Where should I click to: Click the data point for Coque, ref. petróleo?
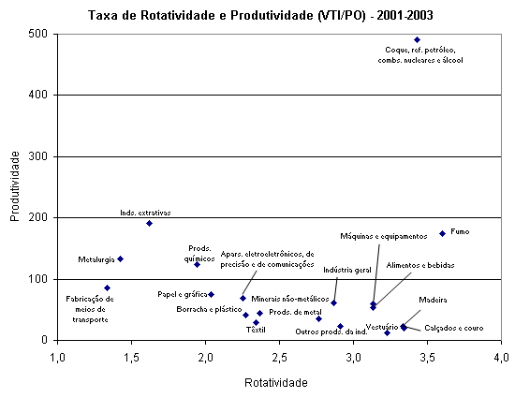pyautogui.click(x=417, y=39)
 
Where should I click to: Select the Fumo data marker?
pyautogui.click(x=442, y=233)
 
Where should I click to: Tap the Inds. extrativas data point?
pyautogui.click(x=149, y=223)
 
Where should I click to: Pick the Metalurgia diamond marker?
pyautogui.click(x=120, y=258)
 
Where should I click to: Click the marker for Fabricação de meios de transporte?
pyautogui.click(x=107, y=288)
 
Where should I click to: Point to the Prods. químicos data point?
pyautogui.click(x=197, y=264)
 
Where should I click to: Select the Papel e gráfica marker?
pyautogui.click(x=212, y=294)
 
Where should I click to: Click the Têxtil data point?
pyautogui.click(x=257, y=322)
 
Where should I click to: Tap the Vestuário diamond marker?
pyautogui.click(x=388, y=332)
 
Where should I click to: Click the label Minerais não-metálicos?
pyautogui.click(x=290, y=299)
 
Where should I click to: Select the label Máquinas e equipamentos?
pyautogui.click(x=384, y=236)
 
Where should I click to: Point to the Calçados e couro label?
pyautogui.click(x=454, y=328)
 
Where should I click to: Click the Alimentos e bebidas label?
pyautogui.click(x=420, y=265)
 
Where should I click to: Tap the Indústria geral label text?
pyautogui.click(x=347, y=270)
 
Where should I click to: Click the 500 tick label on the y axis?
pyautogui.click(x=37, y=34)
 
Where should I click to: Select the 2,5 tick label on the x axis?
pyautogui.click(x=280, y=357)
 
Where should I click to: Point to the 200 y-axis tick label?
pyautogui.click(x=37, y=217)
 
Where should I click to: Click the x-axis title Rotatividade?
pyautogui.click(x=276, y=383)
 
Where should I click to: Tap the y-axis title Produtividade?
pyautogui.click(x=15, y=186)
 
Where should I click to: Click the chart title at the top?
pyautogui.click(x=260, y=15)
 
